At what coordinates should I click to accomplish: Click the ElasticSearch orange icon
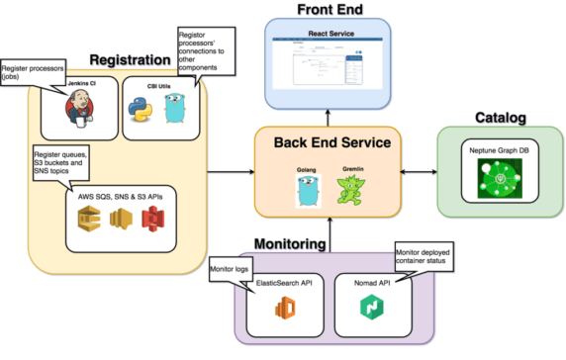[x=287, y=310]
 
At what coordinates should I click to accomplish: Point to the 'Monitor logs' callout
[x=229, y=270]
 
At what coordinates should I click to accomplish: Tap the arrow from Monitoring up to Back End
[x=330, y=232]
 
